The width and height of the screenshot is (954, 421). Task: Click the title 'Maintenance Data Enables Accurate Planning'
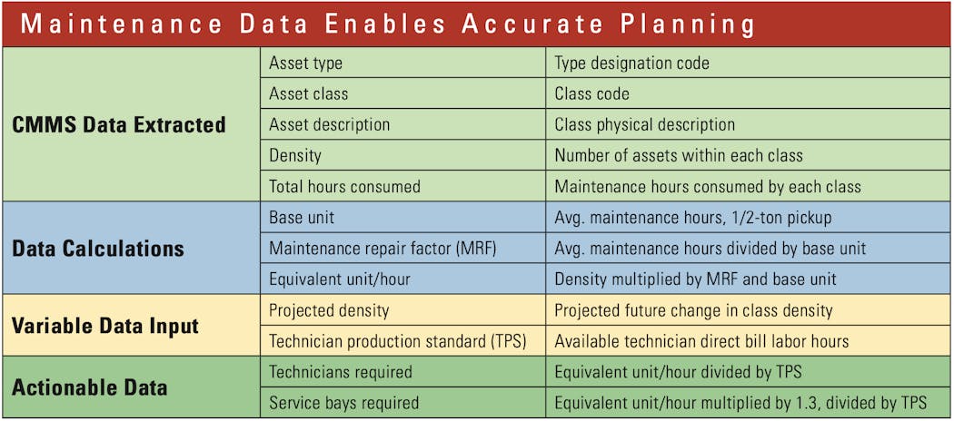(x=387, y=24)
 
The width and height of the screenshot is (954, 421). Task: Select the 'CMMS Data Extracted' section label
(x=119, y=124)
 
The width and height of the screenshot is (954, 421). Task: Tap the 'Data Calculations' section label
(x=98, y=248)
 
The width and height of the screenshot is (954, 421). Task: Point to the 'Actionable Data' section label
(x=90, y=387)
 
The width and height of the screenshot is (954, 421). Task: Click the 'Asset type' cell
(x=306, y=64)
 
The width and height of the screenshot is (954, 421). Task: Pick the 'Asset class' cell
(x=309, y=93)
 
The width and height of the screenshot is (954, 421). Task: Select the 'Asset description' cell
(x=330, y=124)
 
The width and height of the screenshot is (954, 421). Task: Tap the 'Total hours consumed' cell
(x=345, y=186)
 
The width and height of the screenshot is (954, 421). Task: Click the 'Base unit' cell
(x=303, y=217)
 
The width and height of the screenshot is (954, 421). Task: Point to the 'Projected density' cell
(x=330, y=310)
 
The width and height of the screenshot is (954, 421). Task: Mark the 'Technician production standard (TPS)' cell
(x=398, y=341)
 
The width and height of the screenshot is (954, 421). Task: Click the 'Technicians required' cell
(x=341, y=372)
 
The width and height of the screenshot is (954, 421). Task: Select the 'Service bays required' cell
(x=344, y=402)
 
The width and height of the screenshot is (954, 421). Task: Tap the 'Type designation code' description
(x=632, y=64)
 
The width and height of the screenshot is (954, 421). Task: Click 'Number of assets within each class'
(x=679, y=155)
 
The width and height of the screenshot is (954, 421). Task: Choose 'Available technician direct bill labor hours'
(x=701, y=341)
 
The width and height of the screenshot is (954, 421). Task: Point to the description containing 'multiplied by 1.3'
(x=740, y=402)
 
